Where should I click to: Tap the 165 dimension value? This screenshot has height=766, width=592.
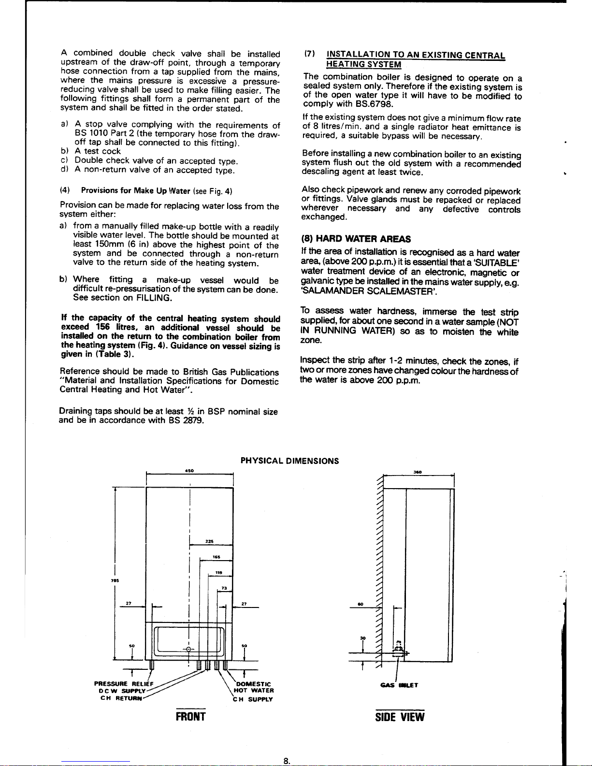click(x=217, y=557)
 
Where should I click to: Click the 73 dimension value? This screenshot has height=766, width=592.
click(x=224, y=588)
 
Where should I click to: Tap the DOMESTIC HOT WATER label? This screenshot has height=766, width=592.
click(x=254, y=687)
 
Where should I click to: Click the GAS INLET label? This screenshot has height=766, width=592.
click(x=399, y=685)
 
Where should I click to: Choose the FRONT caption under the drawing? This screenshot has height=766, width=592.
click(x=190, y=717)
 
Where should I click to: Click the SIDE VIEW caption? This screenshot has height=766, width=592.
click(x=400, y=717)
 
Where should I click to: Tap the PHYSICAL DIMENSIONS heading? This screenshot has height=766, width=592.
click(x=289, y=461)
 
